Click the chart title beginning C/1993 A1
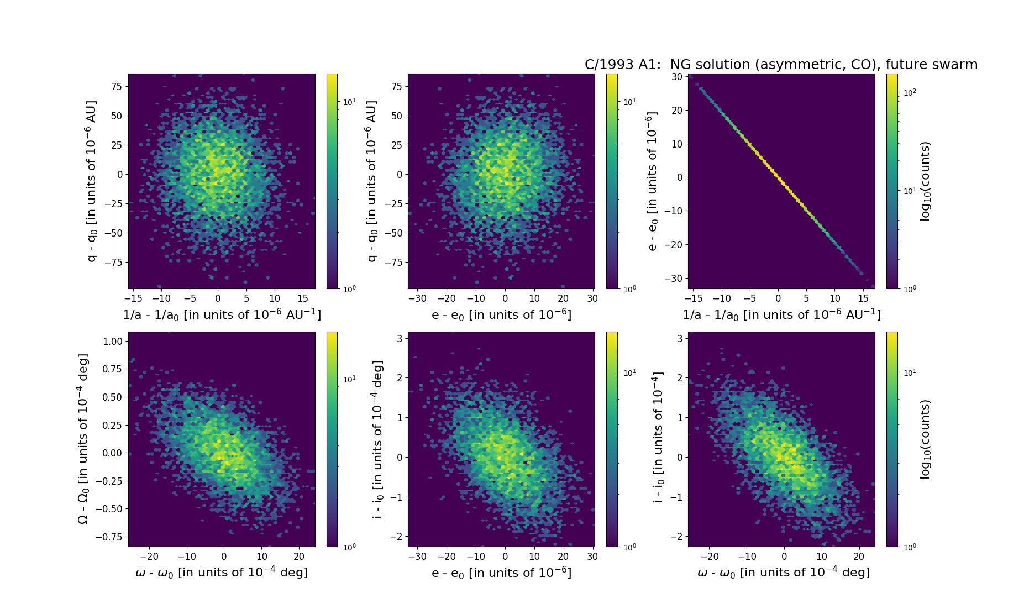point(781,65)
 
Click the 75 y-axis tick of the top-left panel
point(116,86)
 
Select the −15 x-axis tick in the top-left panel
point(133,298)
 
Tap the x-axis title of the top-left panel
point(222,314)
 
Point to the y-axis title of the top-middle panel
point(371,181)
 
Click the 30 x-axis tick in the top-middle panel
point(592,298)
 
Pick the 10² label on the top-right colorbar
point(909,92)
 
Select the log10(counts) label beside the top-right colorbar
point(926,181)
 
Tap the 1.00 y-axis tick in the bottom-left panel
point(112,342)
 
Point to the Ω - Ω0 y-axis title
point(83,439)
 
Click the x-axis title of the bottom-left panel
point(222,573)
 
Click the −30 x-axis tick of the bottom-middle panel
point(417,557)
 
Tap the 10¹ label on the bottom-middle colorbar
point(629,373)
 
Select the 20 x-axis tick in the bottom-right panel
point(859,557)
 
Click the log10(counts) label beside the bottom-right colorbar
point(926,439)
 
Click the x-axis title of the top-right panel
point(781,314)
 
